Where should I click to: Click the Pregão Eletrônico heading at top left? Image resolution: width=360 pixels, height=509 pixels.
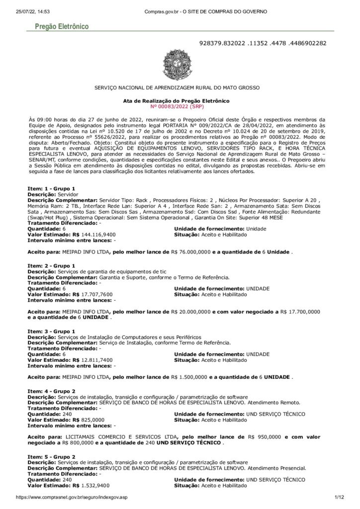[x=59, y=25]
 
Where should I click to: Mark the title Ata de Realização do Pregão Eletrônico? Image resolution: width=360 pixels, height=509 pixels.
[x=176, y=100]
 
